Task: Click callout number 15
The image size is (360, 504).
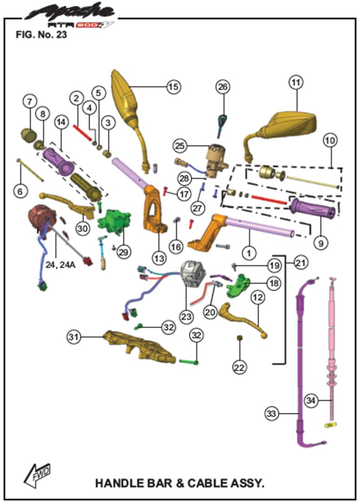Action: pos(173,86)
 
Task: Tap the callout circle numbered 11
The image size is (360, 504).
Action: pos(295,83)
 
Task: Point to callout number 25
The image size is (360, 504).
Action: pos(180,145)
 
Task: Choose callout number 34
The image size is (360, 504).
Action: pos(324,400)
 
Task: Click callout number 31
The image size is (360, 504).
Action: pos(74,336)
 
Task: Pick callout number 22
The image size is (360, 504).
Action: pos(239,366)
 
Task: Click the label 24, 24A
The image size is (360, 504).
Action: pos(60,265)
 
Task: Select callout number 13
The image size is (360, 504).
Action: pos(158,258)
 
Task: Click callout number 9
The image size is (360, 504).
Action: pos(320,243)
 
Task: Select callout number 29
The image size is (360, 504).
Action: pos(124,253)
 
